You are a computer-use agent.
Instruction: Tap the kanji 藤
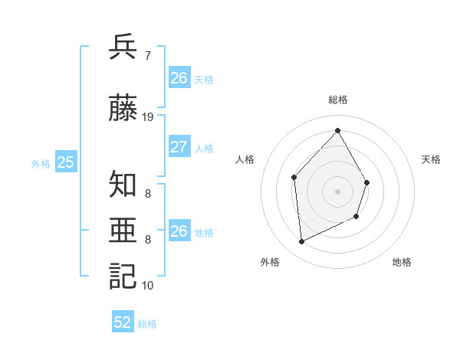pos(123,109)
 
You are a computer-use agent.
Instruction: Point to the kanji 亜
pos(123,231)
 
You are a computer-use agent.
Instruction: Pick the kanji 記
pos(123,276)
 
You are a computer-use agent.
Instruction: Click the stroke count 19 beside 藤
pos(148,117)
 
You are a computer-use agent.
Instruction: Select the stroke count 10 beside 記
pos(148,286)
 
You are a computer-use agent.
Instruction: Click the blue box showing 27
pos(179,148)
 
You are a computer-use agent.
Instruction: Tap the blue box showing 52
pos(123,323)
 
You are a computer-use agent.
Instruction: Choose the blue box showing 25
pos(66,162)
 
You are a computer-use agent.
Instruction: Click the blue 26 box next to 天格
pos(179,78)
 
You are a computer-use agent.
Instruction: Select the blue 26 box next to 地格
pos(179,232)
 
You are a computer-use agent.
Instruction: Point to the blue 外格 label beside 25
pos(41,163)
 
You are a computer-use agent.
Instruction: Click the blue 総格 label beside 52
pos(147,324)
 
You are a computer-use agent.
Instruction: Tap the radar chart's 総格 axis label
pos(337,100)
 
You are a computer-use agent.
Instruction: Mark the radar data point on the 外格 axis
pos(301,242)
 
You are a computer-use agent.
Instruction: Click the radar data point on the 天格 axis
pos(367,182)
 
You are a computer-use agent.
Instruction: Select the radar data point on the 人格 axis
pos(294,178)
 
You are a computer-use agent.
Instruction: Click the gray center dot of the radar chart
pos(337,191)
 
